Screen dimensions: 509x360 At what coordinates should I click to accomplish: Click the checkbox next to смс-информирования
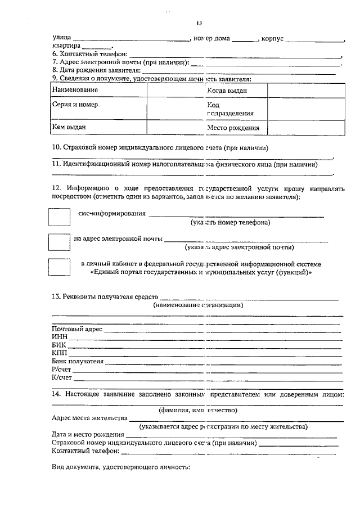[59, 218]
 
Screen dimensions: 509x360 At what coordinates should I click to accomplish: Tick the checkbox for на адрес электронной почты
[59, 242]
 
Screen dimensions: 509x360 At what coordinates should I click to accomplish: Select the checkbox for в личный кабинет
[59, 268]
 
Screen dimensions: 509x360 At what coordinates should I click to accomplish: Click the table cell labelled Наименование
[75, 90]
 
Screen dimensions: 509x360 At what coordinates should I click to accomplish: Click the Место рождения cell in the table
[233, 128]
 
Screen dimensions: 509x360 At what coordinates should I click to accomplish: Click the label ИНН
[60, 336]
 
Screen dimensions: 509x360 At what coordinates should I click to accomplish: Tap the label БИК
[59, 345]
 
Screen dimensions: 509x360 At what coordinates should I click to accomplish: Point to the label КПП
[60, 353]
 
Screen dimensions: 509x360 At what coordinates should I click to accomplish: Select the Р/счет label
[62, 370]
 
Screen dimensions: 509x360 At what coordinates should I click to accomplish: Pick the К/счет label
[62, 377]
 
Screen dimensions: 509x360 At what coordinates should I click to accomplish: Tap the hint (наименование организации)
[198, 305]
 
